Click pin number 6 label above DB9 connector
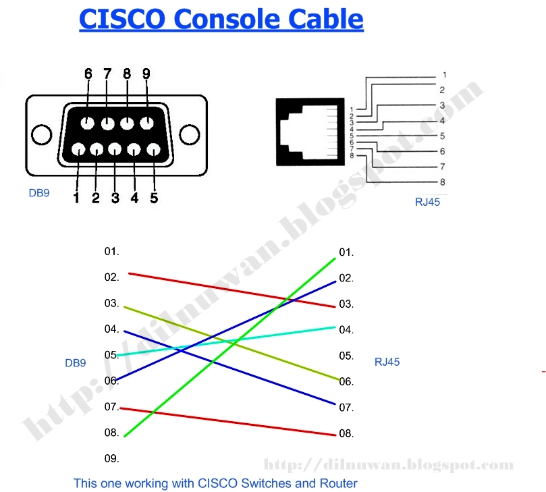[x=88, y=73]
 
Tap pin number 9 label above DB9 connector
[x=146, y=73]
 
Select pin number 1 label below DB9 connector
[x=76, y=198]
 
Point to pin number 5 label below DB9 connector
[x=154, y=198]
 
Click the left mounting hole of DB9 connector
[x=42, y=134]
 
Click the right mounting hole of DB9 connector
[x=190, y=134]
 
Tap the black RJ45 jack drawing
[x=305, y=132]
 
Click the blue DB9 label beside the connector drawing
[x=38, y=193]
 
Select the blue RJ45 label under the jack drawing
[x=427, y=202]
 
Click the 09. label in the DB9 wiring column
[x=111, y=458]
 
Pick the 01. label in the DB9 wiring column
[x=111, y=252]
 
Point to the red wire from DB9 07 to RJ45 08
[x=229, y=422]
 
